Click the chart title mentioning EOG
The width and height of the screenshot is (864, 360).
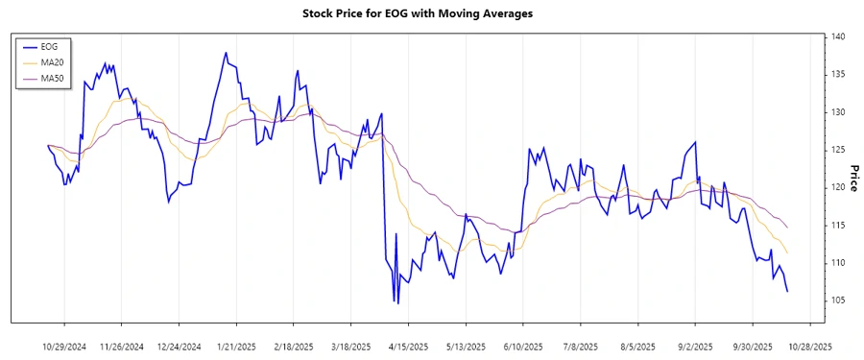tap(431, 13)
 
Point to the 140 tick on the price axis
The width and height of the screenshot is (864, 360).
tap(839, 36)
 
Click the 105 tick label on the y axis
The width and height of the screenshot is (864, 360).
tap(839, 300)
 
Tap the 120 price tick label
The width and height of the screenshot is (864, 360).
tap(839, 187)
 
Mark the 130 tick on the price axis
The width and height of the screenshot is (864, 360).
tap(839, 112)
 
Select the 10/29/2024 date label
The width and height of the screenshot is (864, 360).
tap(64, 346)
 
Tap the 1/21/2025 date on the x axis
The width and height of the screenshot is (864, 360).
tap(236, 346)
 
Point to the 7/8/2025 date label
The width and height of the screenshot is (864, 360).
tap(581, 346)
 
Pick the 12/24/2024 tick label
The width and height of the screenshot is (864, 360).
tap(180, 346)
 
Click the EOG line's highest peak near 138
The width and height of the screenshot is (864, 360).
tap(226, 53)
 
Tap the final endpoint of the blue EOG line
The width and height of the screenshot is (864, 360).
tap(787, 291)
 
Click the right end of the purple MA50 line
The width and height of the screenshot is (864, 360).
tap(787, 228)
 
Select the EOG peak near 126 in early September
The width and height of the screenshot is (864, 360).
tap(695, 142)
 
